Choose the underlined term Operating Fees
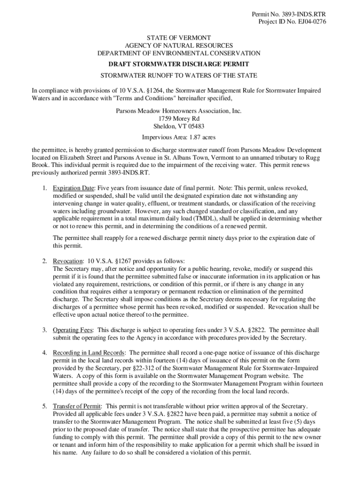pos(72,330)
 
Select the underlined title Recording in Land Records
pos(88,352)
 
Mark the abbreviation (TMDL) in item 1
pos(198,218)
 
